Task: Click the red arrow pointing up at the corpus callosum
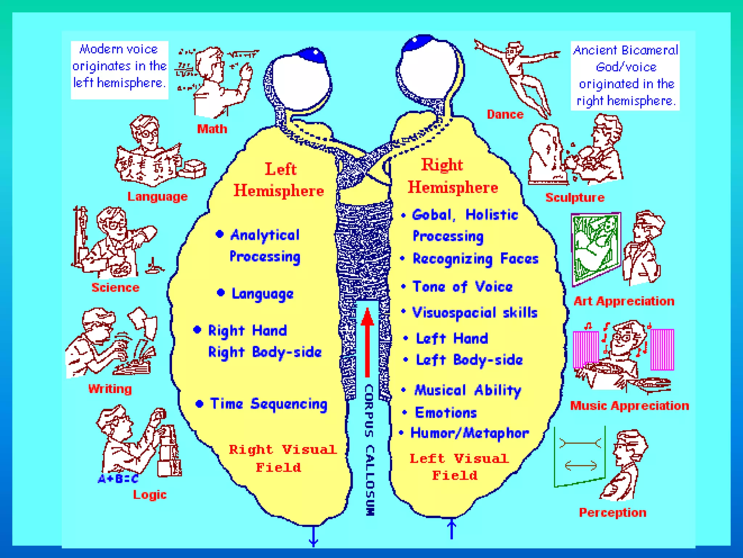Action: point(367,341)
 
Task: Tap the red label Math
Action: point(212,129)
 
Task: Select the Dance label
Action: point(505,114)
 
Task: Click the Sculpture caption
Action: point(575,197)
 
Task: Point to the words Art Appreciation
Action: point(624,301)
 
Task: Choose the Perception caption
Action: point(612,513)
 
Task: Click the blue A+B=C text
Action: point(118,479)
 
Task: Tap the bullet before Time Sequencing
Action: point(199,404)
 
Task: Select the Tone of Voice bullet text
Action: point(463,287)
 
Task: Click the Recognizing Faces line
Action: point(475,259)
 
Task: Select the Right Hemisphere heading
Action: point(452,176)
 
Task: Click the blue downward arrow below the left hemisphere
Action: point(313,536)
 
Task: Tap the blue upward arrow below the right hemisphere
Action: point(452,529)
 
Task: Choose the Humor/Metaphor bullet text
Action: point(469,433)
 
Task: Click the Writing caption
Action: point(110,389)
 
